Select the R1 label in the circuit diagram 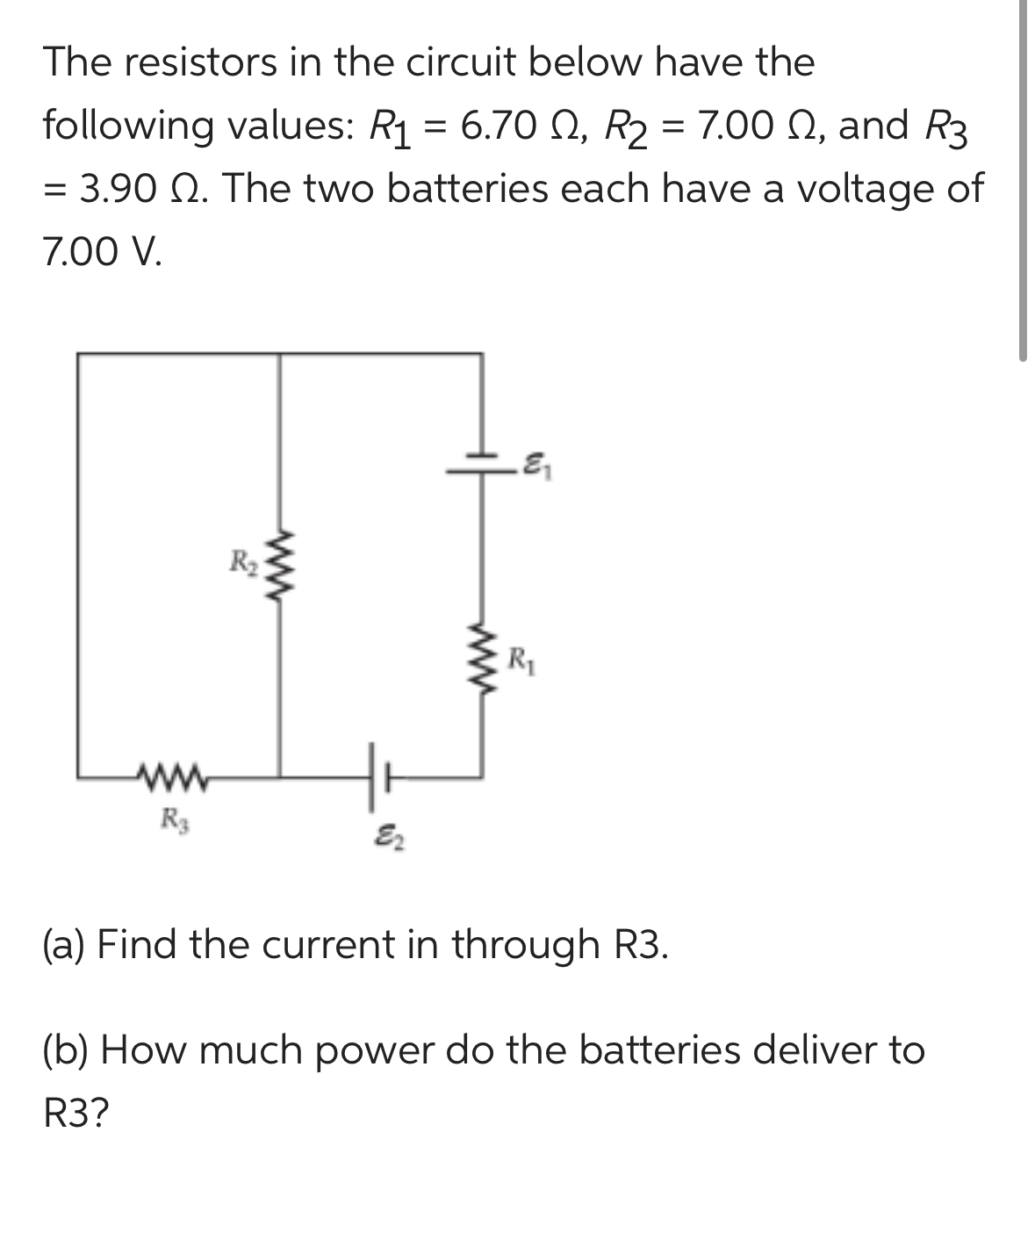[521, 656]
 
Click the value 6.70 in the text [496, 126]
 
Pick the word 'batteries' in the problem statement [467, 188]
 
